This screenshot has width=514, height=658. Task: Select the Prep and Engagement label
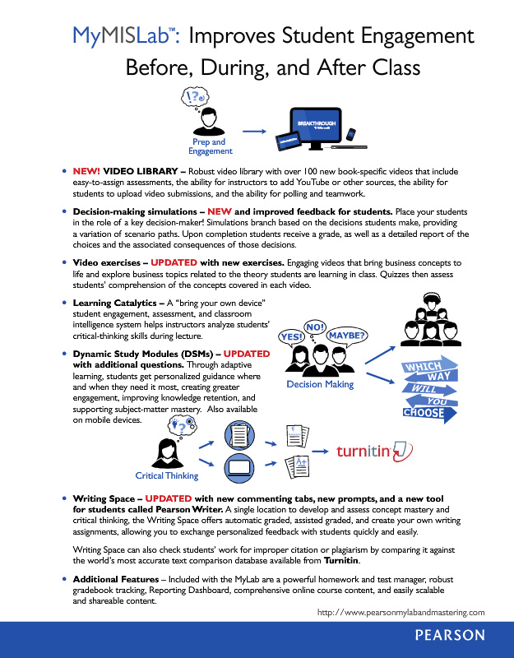[211, 147]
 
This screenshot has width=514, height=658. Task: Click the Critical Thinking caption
[167, 475]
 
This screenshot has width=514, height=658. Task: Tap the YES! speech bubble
[292, 337]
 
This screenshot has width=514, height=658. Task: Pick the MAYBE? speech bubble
[347, 336]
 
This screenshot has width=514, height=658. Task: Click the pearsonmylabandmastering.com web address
[401, 611]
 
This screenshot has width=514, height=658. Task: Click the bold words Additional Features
[118, 581]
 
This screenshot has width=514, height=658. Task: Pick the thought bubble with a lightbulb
[180, 424]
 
